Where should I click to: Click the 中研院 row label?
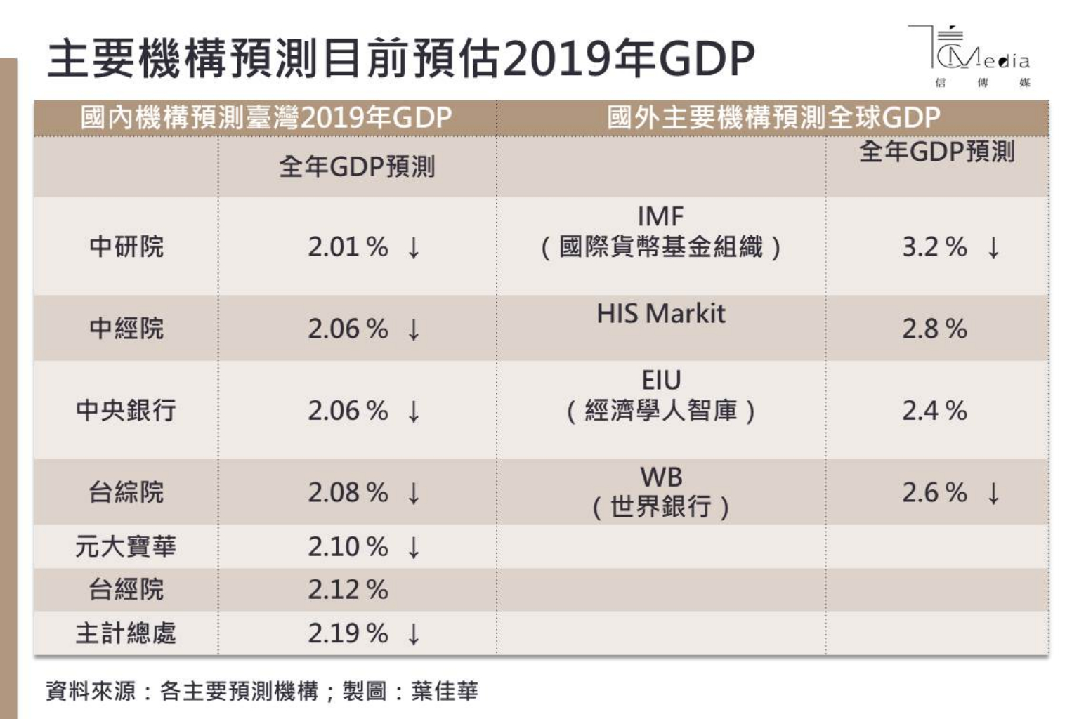coord(126,246)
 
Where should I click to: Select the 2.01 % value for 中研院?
coord(347,247)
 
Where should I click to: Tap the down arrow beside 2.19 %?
coord(414,634)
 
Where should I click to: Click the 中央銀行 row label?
coord(126,410)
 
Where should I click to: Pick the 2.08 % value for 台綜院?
coord(347,492)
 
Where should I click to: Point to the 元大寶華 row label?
coord(126,546)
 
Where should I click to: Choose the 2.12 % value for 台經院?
coord(347,590)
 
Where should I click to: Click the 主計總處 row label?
coord(126,633)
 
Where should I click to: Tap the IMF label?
coord(660,216)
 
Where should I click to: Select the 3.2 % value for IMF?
coord(934,247)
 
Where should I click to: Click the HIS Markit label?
coord(660,314)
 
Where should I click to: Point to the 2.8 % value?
coord(934,329)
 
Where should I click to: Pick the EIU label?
coord(660,381)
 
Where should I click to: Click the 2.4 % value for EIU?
coord(934,411)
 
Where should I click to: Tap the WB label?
coord(660,477)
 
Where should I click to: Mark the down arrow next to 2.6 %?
coord(993,493)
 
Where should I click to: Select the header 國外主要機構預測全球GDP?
coord(773,117)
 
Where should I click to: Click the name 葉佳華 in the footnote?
coord(445,691)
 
